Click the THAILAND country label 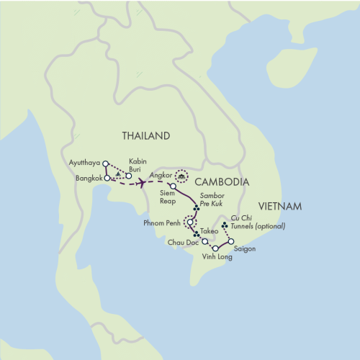146,136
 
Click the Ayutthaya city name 85,163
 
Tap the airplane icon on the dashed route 143,183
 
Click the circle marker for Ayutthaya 106,163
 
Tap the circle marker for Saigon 231,242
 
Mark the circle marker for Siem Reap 173,186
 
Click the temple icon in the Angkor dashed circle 182,174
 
